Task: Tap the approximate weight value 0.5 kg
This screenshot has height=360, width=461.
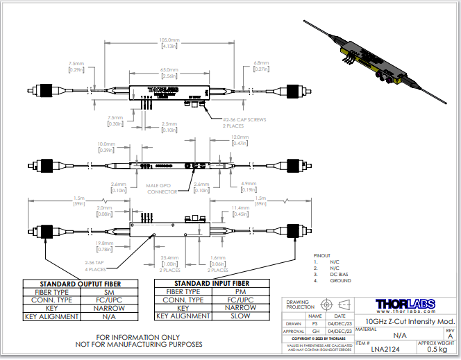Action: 437,350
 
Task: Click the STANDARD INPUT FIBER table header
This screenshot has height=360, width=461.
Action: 212,284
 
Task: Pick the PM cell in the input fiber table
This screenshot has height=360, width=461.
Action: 240,292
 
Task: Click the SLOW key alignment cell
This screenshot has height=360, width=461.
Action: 240,316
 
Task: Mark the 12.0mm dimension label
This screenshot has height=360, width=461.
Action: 238,137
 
